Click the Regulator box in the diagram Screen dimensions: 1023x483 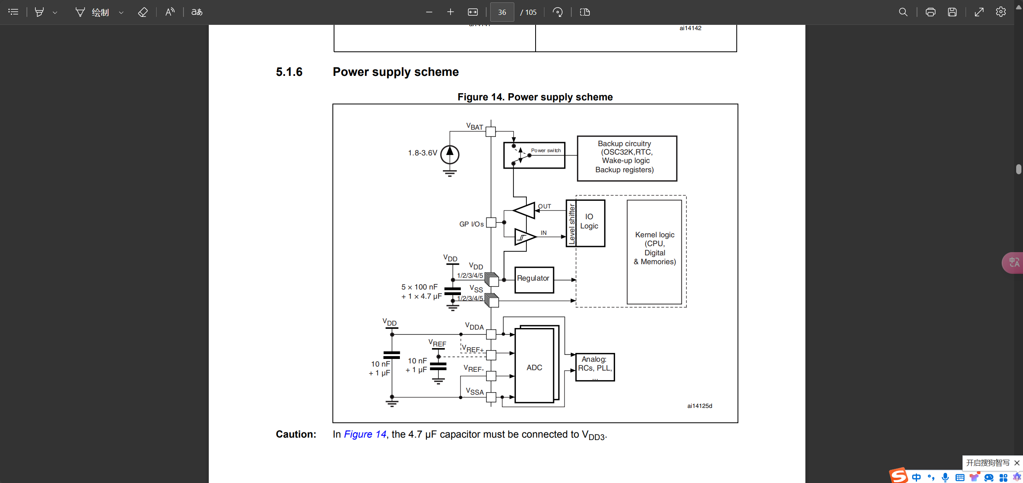pos(534,279)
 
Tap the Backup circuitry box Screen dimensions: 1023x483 pos(627,158)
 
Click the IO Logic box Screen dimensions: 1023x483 pos(589,223)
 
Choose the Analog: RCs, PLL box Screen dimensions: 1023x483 pos(595,367)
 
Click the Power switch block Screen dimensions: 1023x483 pos(534,155)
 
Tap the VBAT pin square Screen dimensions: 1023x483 pos(491,132)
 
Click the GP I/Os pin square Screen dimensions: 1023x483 pos(491,223)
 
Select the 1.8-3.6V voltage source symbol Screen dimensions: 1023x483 pos(450,155)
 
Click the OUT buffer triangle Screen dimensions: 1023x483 pos(524,210)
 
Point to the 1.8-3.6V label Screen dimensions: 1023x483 pos(422,153)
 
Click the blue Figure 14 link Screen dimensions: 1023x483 pos(365,434)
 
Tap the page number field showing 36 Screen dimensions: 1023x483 pos(502,12)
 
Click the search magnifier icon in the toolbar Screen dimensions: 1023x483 pos(903,12)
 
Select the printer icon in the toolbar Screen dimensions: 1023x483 pos(930,12)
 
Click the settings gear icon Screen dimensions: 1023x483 pos(1001,12)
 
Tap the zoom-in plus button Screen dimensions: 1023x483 pos(450,12)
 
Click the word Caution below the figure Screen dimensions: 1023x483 pos(296,434)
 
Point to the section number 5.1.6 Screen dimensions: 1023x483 pos(289,72)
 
